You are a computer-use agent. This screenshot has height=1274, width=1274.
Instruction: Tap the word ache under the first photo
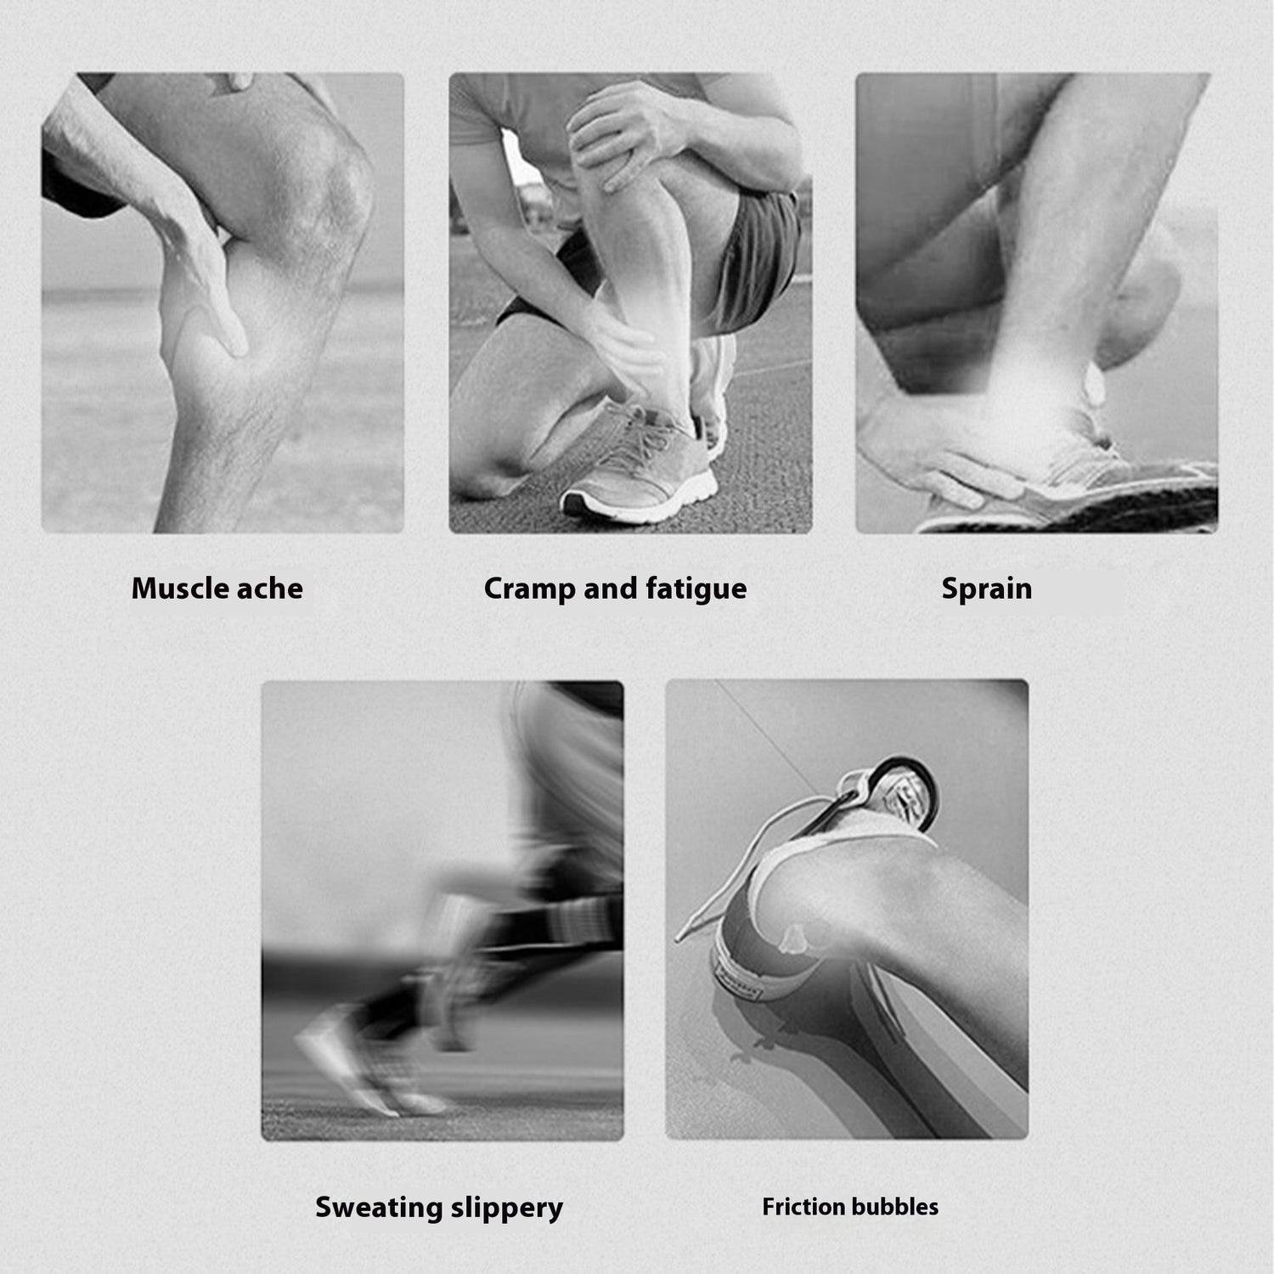pos(269,588)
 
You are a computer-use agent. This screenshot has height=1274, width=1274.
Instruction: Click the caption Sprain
pos(986,589)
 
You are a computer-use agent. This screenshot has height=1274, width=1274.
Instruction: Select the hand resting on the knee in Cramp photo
pos(624,132)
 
